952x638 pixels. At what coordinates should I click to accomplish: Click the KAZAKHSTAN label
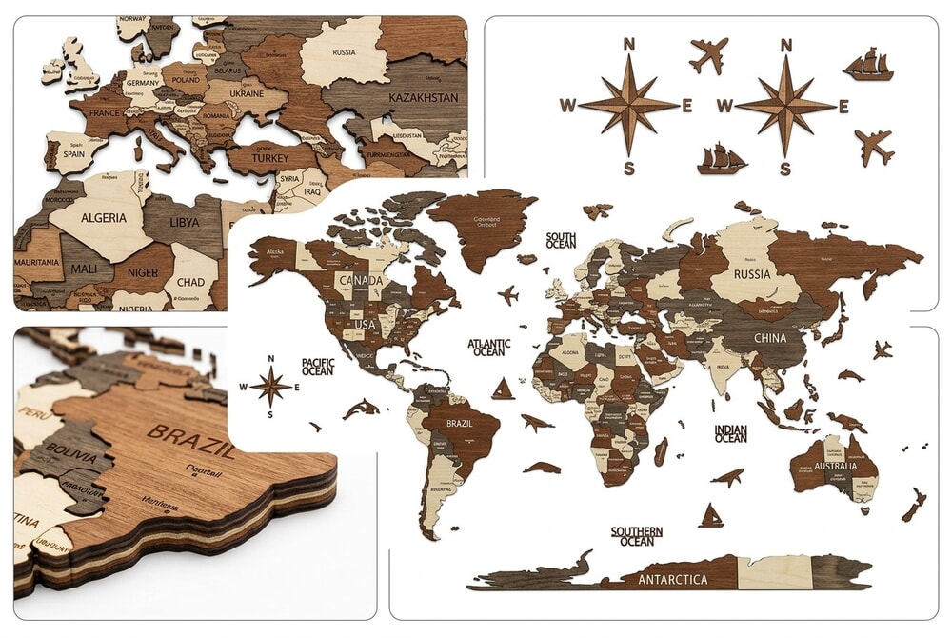(423, 97)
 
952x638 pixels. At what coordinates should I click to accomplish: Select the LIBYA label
(185, 222)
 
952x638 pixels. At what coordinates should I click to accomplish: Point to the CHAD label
(189, 282)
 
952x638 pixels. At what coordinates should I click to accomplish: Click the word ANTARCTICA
(672, 579)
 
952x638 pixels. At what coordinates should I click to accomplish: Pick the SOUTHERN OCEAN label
(637, 536)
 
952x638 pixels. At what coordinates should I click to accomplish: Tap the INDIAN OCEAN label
(731, 434)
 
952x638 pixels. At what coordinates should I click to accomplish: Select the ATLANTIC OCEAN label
(489, 348)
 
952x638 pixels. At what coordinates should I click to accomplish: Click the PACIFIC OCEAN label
(317, 367)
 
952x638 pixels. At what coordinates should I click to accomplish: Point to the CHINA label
(769, 338)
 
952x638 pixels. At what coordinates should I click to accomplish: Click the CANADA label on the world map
(362, 281)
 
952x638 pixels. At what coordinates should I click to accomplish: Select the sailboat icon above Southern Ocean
(710, 516)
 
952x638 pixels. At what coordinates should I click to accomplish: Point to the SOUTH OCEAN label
(561, 240)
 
